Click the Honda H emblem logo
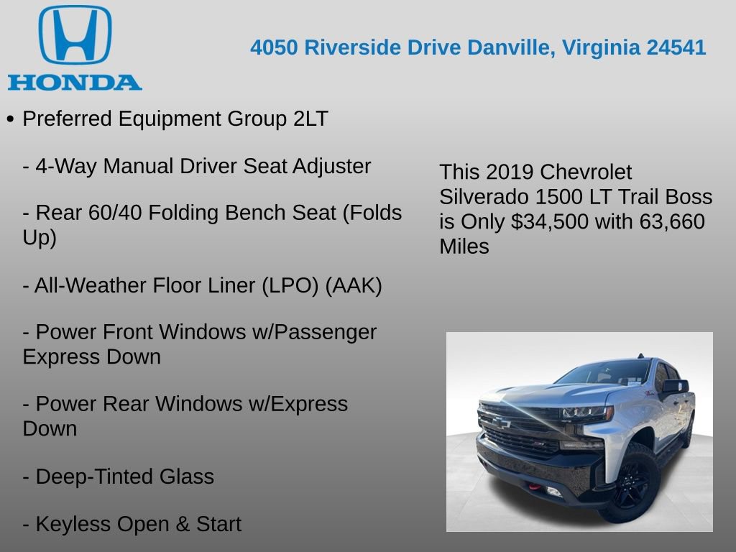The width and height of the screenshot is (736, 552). coord(75,35)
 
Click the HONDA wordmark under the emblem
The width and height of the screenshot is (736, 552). coord(75,82)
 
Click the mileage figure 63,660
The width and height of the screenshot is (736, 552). coord(672,222)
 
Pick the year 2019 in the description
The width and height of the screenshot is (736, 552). coord(510,172)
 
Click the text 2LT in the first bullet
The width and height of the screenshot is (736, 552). coord(310,119)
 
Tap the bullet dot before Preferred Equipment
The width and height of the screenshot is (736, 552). coord(10,119)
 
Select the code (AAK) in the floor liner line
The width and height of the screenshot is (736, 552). coord(354,285)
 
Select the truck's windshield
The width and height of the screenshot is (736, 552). coord(604,372)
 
